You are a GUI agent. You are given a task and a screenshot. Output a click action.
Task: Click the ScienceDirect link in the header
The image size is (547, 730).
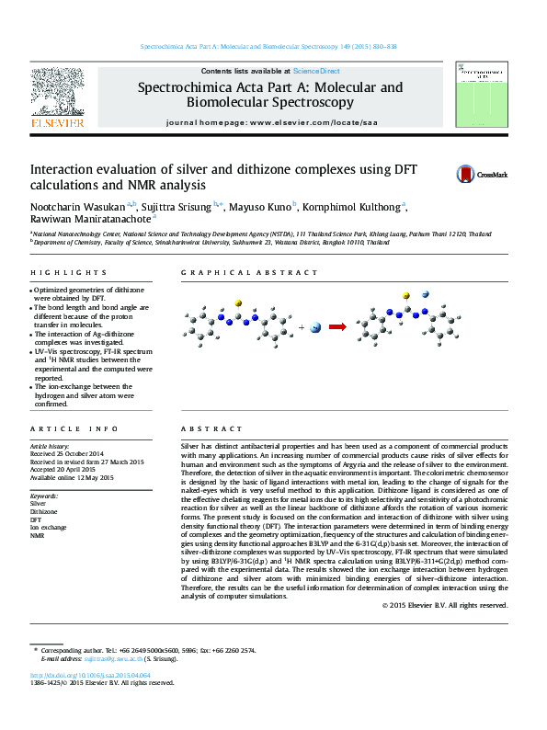(x=316, y=71)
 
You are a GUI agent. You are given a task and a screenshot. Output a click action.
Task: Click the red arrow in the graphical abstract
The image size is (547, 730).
(x=338, y=325)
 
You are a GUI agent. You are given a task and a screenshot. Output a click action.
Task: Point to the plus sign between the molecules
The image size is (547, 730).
(x=302, y=326)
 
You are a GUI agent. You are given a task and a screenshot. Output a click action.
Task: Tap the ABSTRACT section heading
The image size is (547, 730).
(x=204, y=429)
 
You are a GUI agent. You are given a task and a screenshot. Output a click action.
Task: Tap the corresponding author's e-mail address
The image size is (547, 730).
(x=108, y=658)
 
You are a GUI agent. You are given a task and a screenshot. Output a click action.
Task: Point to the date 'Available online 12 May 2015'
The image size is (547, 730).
(x=72, y=478)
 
